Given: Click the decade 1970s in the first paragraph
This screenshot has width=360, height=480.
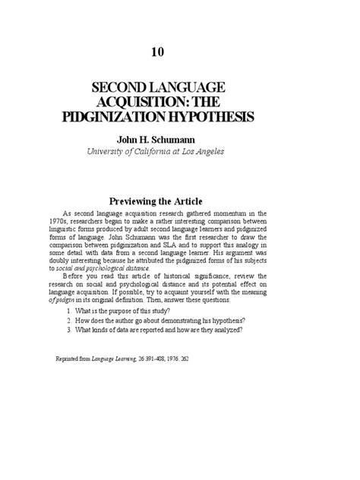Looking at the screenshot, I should tap(65, 225).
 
